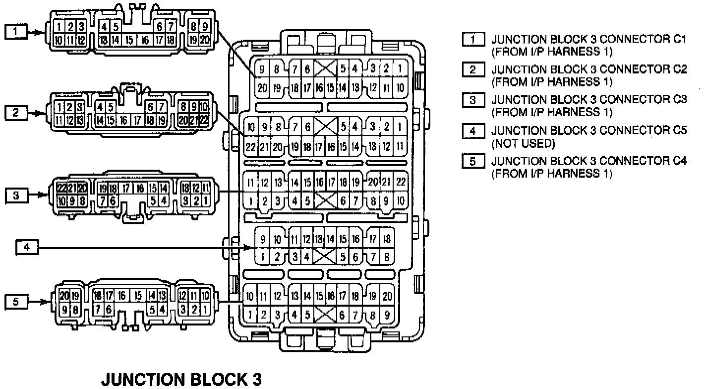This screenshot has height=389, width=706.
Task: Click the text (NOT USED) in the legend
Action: click(523, 143)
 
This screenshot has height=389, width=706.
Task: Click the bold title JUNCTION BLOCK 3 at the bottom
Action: click(181, 380)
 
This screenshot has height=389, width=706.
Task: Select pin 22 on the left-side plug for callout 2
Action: click(203, 120)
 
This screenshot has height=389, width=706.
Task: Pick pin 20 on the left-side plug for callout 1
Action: click(205, 40)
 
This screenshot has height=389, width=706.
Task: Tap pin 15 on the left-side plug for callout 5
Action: click(137, 296)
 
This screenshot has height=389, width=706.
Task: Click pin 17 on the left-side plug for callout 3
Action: click(126, 188)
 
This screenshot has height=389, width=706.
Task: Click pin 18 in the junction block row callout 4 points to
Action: click(387, 240)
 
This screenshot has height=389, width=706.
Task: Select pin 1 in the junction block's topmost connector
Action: click(400, 69)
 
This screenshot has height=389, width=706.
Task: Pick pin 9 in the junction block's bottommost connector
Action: click(387, 314)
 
